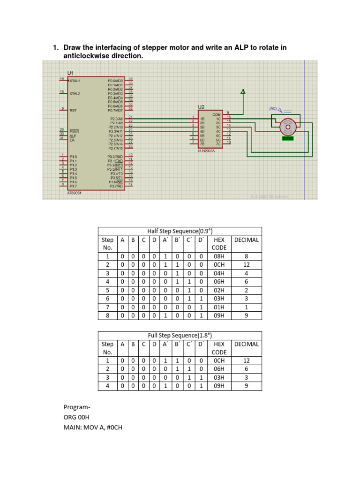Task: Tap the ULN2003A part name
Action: (206, 150)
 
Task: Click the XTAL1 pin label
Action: (75, 81)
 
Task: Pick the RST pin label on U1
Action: (73, 110)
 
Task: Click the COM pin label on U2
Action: (217, 114)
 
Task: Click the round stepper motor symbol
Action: (287, 126)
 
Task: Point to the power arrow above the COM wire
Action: (243, 93)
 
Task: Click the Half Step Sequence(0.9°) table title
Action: (180, 231)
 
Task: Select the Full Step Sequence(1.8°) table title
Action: (180, 335)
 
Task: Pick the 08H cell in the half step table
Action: (219, 256)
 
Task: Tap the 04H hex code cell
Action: (219, 273)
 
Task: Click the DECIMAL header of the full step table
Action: (246, 344)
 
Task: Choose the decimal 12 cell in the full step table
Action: (246, 361)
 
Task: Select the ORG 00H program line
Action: (76, 417)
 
